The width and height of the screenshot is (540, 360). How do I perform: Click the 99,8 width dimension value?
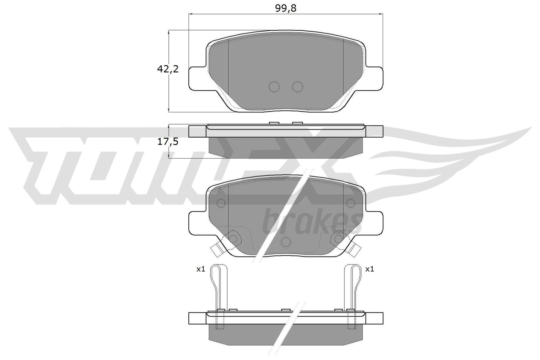[x=286, y=9]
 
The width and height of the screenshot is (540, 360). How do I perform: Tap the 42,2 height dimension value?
[x=167, y=69]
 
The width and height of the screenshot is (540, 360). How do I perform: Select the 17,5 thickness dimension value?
[x=167, y=142]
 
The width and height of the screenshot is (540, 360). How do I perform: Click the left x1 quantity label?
[x=201, y=269]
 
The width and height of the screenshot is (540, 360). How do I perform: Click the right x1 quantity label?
[x=370, y=269]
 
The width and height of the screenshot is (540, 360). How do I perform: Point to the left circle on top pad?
[x=274, y=87]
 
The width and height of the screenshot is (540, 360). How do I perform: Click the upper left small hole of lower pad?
[x=221, y=203]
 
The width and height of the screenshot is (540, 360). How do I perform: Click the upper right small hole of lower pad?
[x=351, y=203]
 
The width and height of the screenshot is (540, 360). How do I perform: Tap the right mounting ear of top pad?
[x=375, y=78]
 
